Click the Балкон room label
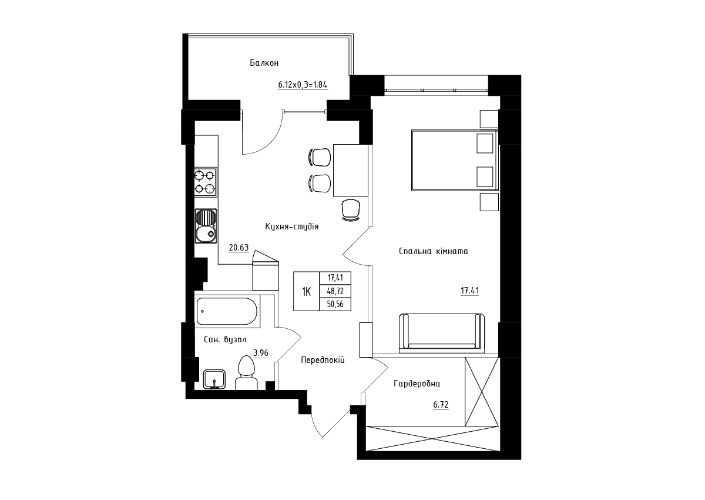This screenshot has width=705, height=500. (264, 63)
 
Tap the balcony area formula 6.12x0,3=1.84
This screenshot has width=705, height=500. (303, 85)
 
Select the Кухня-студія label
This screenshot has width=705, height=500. (292, 226)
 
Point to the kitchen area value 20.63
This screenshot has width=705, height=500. (239, 248)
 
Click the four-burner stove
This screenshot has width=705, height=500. (206, 182)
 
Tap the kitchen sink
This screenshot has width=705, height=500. (206, 226)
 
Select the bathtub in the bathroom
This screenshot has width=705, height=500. (227, 311)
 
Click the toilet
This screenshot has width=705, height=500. (246, 373)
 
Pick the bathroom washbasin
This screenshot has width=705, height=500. (214, 379)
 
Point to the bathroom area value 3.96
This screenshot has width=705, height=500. (261, 353)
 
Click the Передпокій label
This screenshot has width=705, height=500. (323, 360)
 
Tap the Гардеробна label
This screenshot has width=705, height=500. (417, 384)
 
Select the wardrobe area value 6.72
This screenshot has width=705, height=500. (441, 405)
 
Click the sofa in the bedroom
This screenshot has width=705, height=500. (442, 333)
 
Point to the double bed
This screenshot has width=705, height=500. (455, 161)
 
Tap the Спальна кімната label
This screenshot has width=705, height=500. (433, 251)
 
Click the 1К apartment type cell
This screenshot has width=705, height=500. (307, 291)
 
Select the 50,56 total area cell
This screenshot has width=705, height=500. (335, 304)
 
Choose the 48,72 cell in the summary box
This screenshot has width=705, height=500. (335, 291)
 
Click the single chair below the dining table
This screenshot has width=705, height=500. (351, 210)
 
